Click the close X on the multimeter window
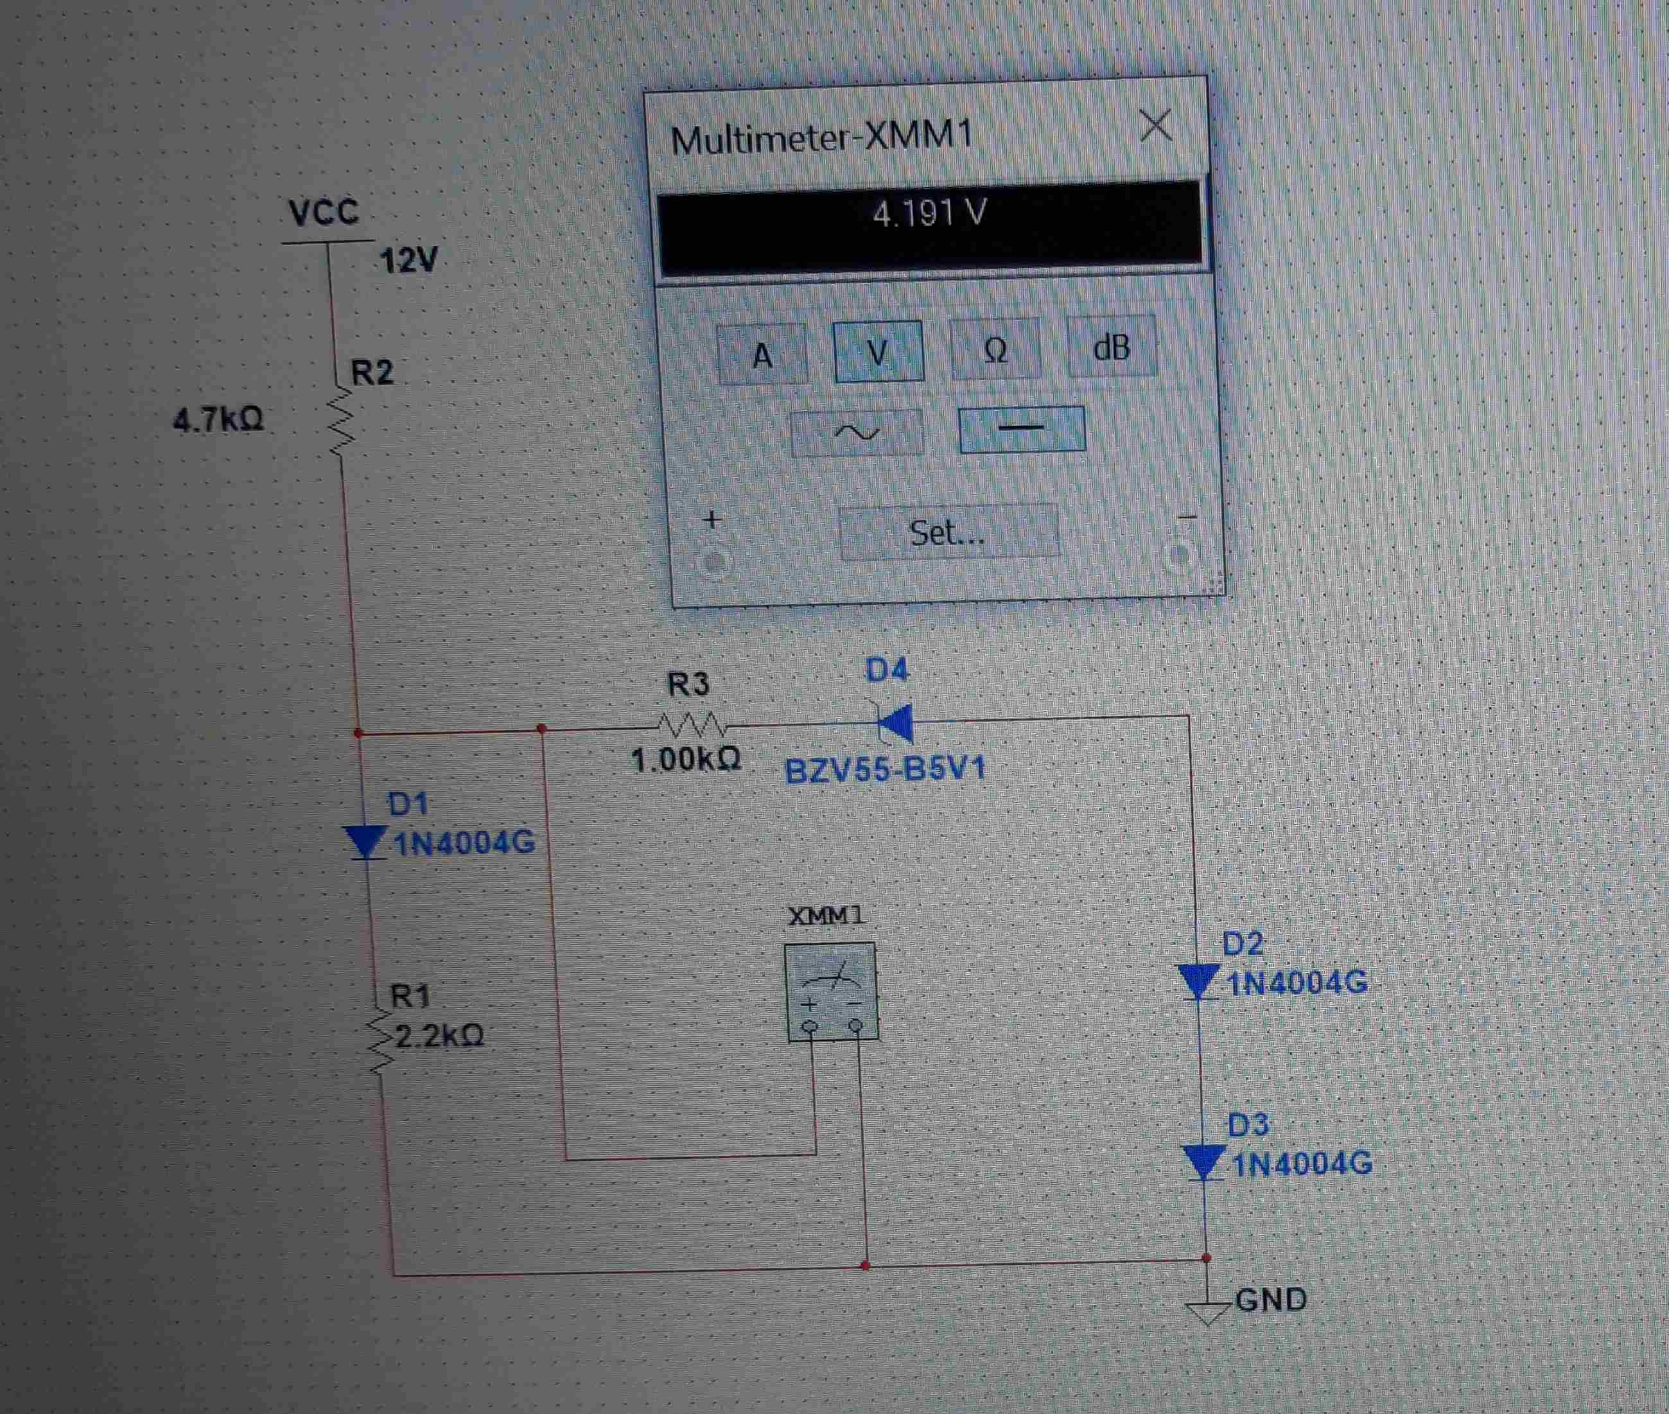[1155, 126]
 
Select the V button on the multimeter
[878, 351]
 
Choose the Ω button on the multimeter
[995, 348]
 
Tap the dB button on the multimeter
[1112, 346]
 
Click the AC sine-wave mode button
[857, 433]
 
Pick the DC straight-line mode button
[1022, 428]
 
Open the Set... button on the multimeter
[948, 532]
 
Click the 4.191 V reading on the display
[929, 213]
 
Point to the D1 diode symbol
[365, 842]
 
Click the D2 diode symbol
[1197, 981]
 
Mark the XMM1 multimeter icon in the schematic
[830, 992]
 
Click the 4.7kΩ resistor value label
[218, 419]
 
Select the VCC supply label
[324, 213]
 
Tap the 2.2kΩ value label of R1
[439, 1036]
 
